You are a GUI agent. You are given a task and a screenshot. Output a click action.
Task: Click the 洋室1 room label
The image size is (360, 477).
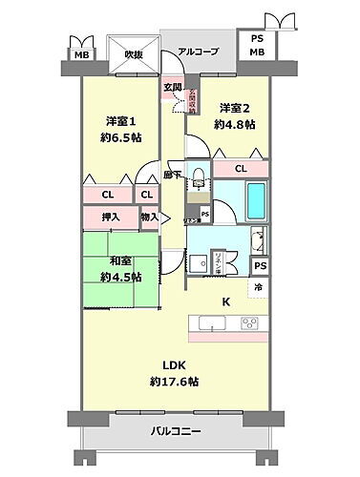coord(119,121)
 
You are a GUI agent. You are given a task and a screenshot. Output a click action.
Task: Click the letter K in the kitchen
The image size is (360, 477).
coord(226,302)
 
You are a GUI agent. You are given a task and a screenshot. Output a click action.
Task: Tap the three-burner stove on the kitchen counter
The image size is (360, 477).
coord(251,321)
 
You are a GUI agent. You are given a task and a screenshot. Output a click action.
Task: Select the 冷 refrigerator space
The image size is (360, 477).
coord(257,285)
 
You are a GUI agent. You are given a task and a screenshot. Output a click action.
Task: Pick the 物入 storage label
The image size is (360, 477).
coord(148,218)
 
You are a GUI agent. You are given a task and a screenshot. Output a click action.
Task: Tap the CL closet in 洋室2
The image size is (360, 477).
coord(240,170)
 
